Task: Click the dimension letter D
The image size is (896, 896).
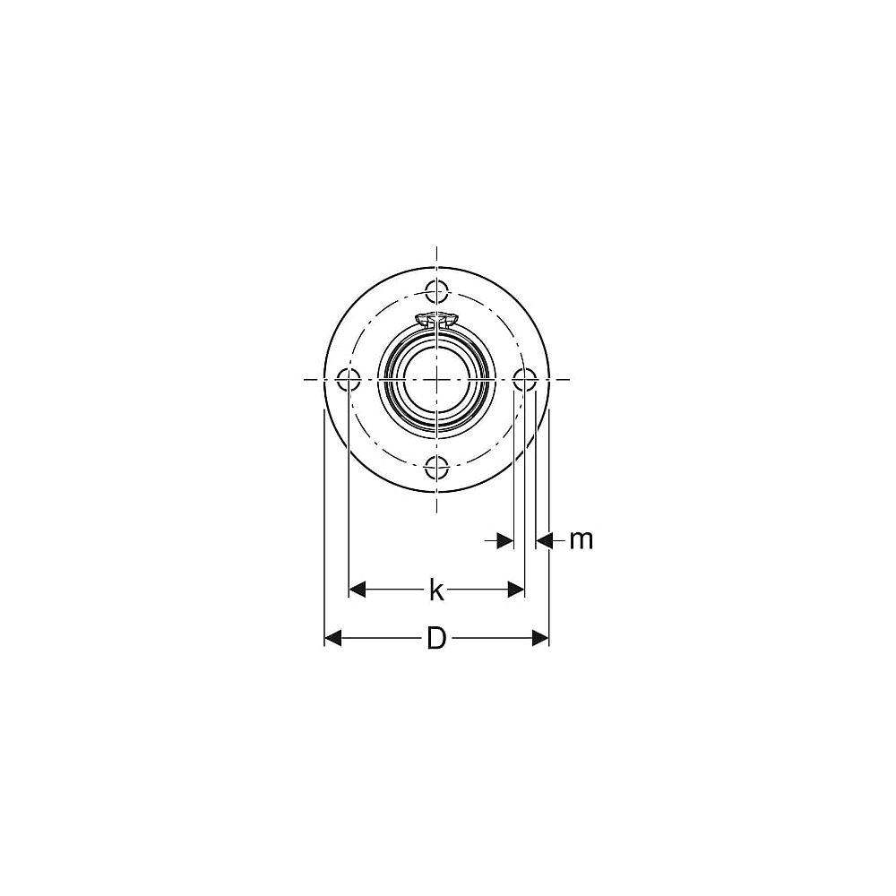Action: click(436, 638)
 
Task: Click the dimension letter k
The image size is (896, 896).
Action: click(436, 590)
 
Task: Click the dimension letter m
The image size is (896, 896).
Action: click(582, 539)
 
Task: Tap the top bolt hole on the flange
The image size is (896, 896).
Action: click(436, 290)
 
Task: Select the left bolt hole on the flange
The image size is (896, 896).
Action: click(348, 379)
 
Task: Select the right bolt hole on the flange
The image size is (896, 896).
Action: click(524, 379)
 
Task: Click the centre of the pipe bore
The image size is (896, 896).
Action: click(436, 379)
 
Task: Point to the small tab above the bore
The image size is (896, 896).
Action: click(436, 319)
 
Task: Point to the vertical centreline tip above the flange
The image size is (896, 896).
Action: click(436, 248)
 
